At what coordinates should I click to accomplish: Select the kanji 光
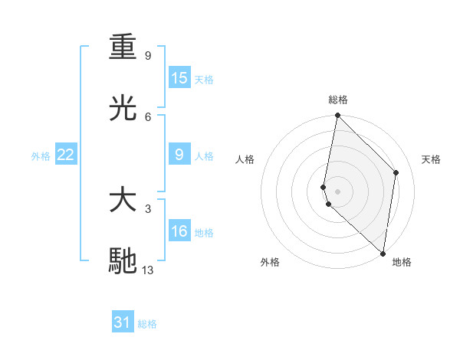[x=123, y=108]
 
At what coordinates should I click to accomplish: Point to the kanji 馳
[x=123, y=260]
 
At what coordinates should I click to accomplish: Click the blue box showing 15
[x=179, y=77]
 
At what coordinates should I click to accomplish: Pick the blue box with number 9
[x=179, y=155]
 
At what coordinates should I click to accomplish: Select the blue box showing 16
[x=179, y=231]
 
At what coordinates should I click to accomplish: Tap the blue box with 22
[x=66, y=155]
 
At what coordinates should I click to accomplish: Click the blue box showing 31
[x=123, y=322]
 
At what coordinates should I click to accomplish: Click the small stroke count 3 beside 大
[x=148, y=208]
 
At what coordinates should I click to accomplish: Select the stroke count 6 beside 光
[x=148, y=116]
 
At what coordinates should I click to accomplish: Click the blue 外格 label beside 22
[x=41, y=155]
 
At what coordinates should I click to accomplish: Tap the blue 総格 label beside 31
[x=147, y=323]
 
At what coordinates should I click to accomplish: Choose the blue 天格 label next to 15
[x=204, y=79]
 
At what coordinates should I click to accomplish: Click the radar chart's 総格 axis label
[x=338, y=100]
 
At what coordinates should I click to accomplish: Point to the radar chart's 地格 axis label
[x=402, y=262]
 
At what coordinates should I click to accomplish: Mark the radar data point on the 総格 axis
[x=337, y=116]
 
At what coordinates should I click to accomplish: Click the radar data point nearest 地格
[x=383, y=254]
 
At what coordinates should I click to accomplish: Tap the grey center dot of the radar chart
[x=337, y=191]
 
